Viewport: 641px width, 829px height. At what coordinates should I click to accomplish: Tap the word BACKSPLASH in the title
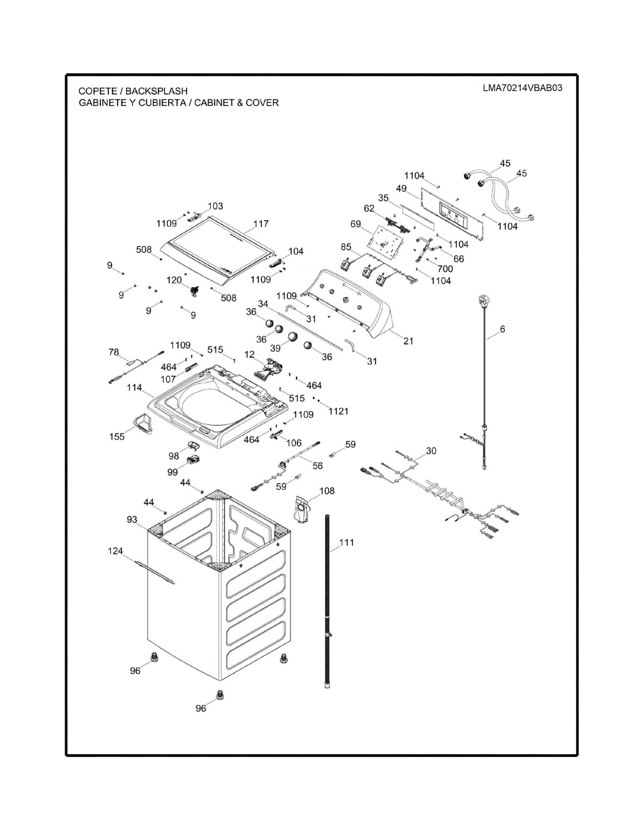[156, 91]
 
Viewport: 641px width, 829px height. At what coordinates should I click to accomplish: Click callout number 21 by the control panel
[408, 341]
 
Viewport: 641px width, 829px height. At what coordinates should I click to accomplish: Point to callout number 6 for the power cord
[502, 330]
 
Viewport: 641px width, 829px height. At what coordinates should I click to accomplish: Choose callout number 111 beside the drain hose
[346, 543]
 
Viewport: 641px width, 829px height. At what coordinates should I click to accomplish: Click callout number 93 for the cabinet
[132, 520]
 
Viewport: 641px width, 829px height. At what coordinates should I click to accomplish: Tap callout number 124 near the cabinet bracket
[115, 551]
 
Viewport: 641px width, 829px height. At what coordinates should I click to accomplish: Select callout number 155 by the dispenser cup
[117, 437]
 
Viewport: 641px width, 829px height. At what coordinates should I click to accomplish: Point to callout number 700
[445, 269]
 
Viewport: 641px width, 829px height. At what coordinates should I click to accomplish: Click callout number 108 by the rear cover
[327, 491]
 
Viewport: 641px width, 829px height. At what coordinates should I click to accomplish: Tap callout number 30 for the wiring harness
[431, 451]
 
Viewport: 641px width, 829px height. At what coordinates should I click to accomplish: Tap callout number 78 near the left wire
[114, 352]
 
